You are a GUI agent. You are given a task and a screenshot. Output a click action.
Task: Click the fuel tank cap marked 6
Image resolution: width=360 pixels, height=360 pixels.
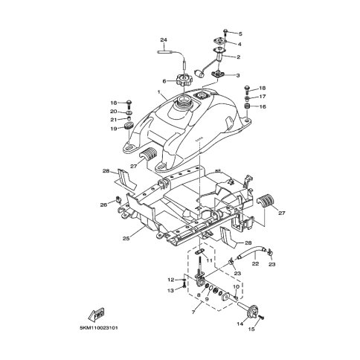[x=184, y=81]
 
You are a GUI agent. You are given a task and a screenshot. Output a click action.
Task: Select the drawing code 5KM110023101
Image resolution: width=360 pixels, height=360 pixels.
[x=99, y=328]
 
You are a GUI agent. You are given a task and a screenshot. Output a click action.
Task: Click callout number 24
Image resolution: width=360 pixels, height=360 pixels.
[x=164, y=39]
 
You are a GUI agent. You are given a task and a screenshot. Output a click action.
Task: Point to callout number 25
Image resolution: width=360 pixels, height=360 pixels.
[x=126, y=239]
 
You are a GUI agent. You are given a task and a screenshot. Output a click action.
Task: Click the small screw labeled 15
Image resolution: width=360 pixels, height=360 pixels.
[x=261, y=317]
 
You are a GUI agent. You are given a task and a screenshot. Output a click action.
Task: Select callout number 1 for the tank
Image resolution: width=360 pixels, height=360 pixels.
[x=158, y=92]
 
